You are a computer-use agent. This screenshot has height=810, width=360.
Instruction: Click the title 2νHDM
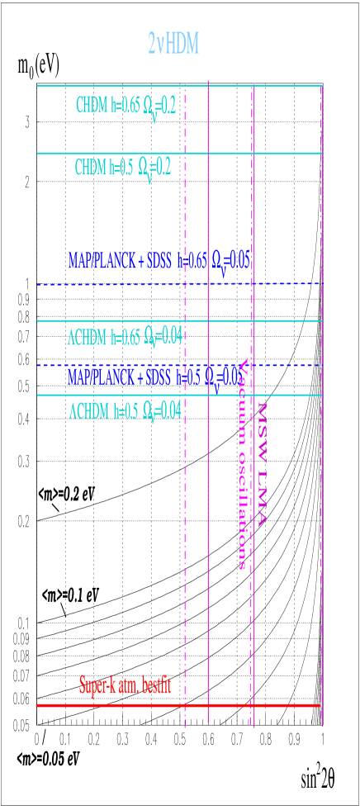(x=173, y=44)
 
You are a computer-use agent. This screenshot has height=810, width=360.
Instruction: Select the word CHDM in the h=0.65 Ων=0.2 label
(x=92, y=107)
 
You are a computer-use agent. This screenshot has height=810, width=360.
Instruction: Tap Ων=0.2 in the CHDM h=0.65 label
(x=159, y=108)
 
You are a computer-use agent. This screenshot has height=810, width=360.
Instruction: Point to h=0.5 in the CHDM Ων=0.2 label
(x=123, y=168)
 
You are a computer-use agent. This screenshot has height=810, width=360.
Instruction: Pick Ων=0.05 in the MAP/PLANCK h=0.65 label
(x=231, y=263)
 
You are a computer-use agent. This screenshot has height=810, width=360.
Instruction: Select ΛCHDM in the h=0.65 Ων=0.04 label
(x=87, y=338)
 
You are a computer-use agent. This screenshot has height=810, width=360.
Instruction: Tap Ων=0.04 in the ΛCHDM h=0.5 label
(x=162, y=410)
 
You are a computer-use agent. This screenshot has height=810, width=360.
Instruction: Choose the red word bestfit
(x=157, y=685)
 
